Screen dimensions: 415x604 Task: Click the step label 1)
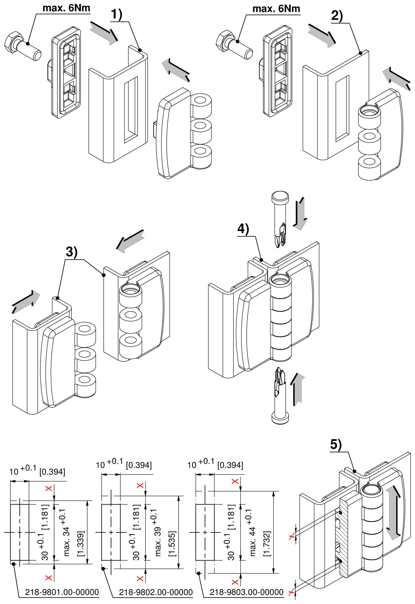(116, 14)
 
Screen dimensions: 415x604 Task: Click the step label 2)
(337, 16)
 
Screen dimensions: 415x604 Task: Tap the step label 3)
(71, 252)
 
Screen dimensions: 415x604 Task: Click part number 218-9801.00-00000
(62, 592)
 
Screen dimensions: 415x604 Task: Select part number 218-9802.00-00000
(156, 592)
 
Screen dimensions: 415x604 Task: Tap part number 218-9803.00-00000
(247, 592)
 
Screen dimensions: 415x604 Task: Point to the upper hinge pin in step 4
(280, 219)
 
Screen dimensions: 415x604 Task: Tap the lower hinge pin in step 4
(280, 395)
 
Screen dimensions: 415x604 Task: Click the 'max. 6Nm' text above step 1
(66, 8)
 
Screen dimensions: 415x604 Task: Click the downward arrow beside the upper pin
(300, 214)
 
